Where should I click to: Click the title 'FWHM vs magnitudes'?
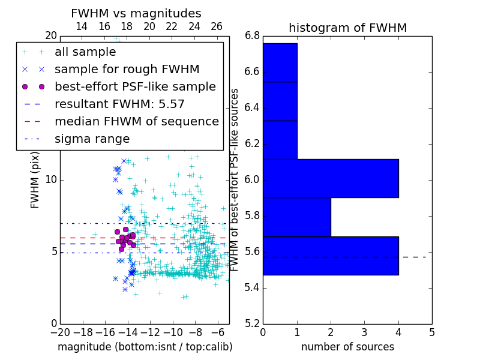tap(136, 14)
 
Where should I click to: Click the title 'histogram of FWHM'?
tap(347, 28)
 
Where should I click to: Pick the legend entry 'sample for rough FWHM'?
tap(127, 70)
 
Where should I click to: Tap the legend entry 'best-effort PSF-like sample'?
tap(135, 87)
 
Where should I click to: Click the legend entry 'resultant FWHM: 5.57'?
tap(119, 104)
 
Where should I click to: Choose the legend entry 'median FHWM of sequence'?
tap(137, 122)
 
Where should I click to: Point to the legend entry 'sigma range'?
tap(92, 139)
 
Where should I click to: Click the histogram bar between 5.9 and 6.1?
tap(331, 178)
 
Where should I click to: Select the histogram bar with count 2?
tap(297, 217)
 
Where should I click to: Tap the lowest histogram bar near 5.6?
tap(331, 256)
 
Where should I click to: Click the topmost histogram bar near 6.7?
tap(280, 62)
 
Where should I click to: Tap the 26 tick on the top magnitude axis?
tap(217, 26)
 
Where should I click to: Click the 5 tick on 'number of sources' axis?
tap(431, 332)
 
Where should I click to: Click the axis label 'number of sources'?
tap(347, 347)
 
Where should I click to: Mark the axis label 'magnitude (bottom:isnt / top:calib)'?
tap(145, 347)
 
